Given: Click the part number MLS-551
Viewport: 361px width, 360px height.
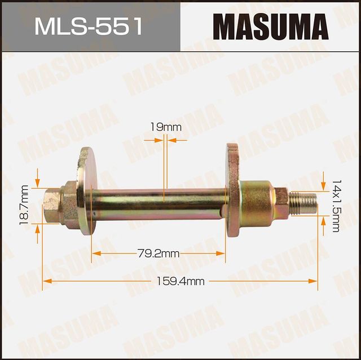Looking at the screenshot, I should (89, 26).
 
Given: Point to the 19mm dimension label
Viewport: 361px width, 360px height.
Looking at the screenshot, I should (166, 128).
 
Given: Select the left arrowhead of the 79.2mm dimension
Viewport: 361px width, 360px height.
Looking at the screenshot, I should (95, 254).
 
